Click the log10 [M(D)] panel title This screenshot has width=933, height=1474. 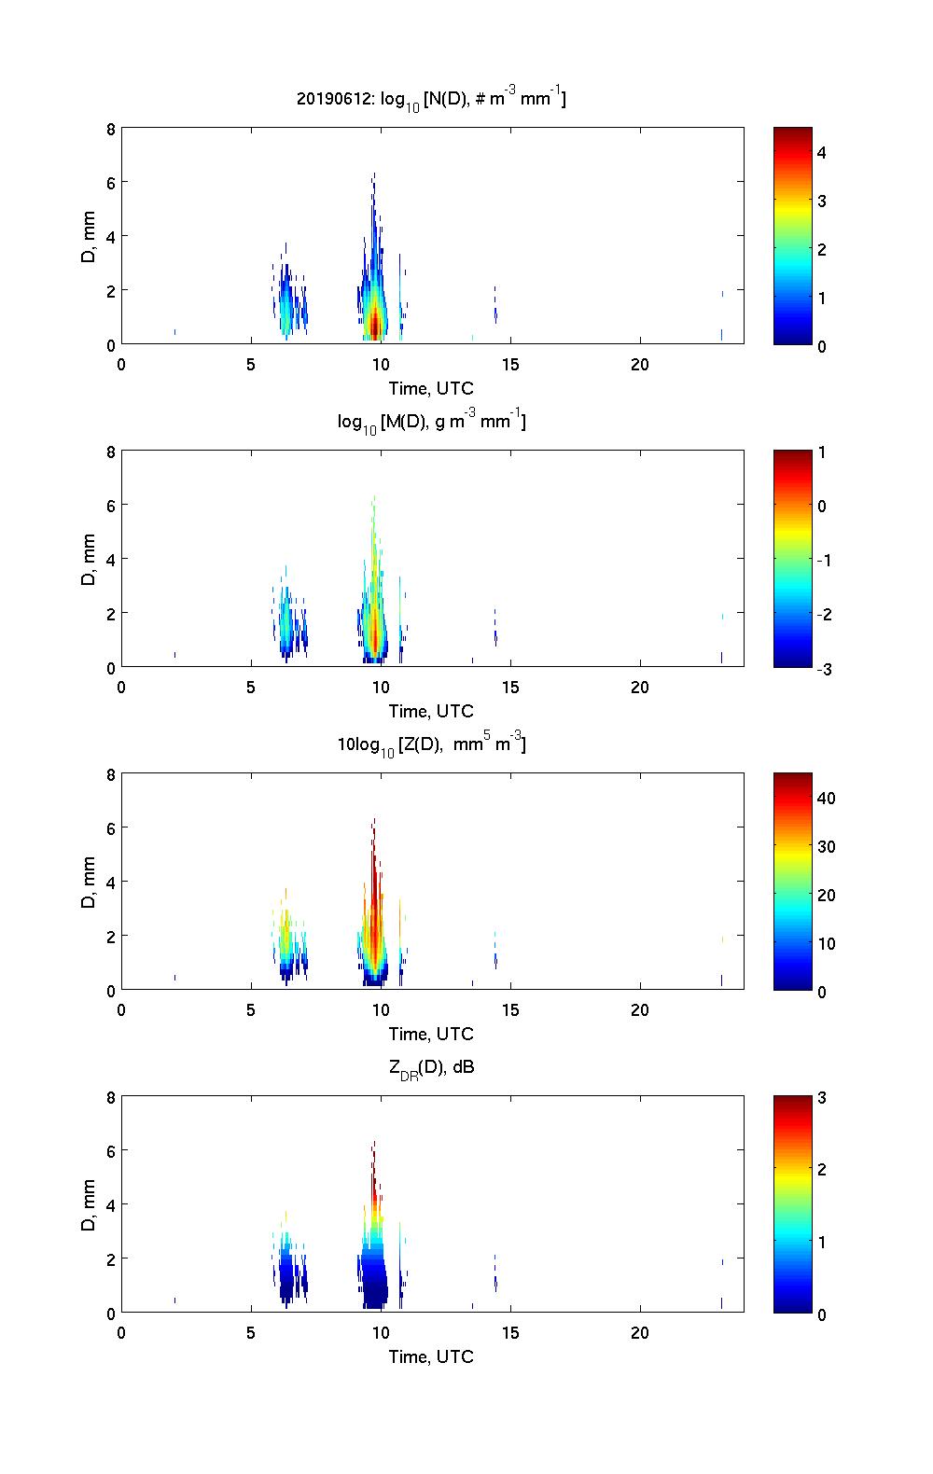(x=431, y=422)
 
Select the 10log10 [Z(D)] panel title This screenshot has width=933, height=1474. (x=431, y=744)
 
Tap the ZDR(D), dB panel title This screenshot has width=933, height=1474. (x=431, y=1067)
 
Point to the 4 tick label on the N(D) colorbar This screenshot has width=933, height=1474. (x=821, y=152)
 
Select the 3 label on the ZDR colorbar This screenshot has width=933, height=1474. (x=821, y=1097)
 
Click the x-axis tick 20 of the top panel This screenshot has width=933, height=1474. (x=639, y=364)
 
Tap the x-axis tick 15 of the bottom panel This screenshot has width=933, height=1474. (x=509, y=1332)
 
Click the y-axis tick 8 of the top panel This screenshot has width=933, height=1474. (x=110, y=129)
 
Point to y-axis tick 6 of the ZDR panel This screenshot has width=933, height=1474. (x=110, y=1150)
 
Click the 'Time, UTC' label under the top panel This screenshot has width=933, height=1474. (x=431, y=388)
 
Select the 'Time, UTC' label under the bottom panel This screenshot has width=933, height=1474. (x=431, y=1356)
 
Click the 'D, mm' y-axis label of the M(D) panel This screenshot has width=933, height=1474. (x=90, y=559)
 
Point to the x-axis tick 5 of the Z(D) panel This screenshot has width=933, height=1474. (x=251, y=1009)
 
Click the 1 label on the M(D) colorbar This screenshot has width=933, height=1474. (x=821, y=452)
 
